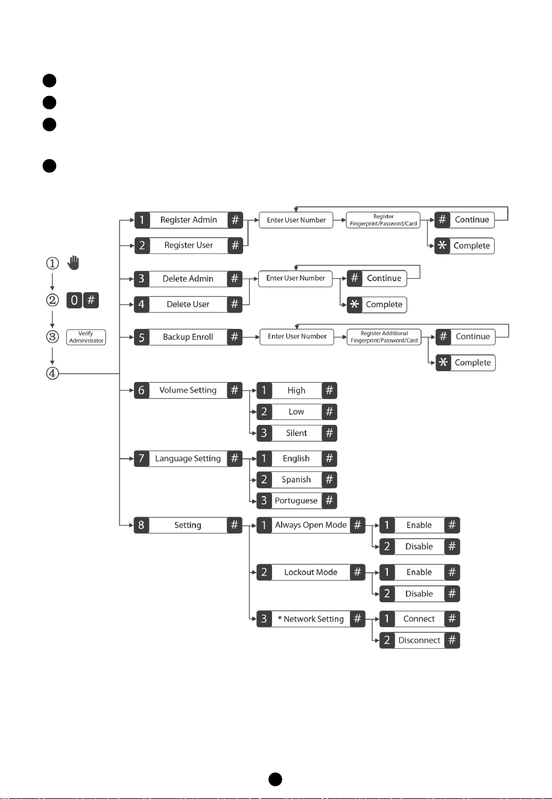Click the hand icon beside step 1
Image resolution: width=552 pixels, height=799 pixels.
[74, 263]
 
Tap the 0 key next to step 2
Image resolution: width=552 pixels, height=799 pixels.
[74, 300]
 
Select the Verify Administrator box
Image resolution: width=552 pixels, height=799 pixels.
[86, 337]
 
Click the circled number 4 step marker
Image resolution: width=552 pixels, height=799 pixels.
[52, 374]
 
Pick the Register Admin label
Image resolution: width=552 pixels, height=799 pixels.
[189, 220]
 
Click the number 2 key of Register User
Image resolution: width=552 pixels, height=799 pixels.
[142, 246]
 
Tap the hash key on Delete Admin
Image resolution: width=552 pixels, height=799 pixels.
[234, 279]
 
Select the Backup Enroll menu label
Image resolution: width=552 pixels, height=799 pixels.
[188, 337]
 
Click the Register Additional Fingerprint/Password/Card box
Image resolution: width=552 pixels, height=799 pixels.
[384, 337]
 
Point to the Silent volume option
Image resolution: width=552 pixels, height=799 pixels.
[296, 433]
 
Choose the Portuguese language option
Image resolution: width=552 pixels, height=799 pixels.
[296, 500]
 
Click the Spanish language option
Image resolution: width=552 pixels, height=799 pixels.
[296, 479]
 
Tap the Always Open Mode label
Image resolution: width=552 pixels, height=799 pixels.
[311, 525]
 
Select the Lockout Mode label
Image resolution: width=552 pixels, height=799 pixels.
[311, 572]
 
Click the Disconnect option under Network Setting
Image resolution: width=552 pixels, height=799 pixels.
[419, 640]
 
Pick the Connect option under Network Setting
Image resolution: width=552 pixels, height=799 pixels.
[419, 619]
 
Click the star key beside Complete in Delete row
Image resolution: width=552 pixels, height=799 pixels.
[355, 305]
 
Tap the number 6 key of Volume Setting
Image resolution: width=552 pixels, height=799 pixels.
[142, 390]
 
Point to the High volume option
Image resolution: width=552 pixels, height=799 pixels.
[296, 390]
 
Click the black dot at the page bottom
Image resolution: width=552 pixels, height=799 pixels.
[275, 779]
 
